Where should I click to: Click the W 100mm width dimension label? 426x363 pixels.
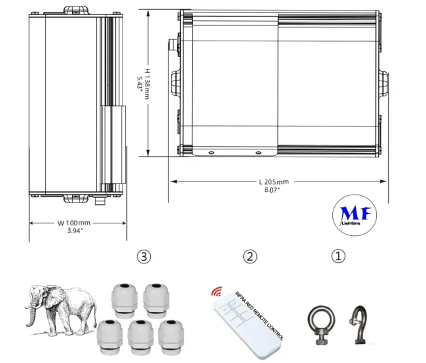(x=74, y=223)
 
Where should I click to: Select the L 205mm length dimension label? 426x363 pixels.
(x=274, y=181)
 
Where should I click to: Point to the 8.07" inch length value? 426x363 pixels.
(x=272, y=190)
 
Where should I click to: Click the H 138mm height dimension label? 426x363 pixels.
(x=147, y=84)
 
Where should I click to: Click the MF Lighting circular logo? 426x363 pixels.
(x=355, y=215)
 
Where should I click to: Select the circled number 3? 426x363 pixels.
(x=144, y=256)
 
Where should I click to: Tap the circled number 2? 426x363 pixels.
(x=250, y=256)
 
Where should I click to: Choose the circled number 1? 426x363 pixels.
(x=339, y=256)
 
